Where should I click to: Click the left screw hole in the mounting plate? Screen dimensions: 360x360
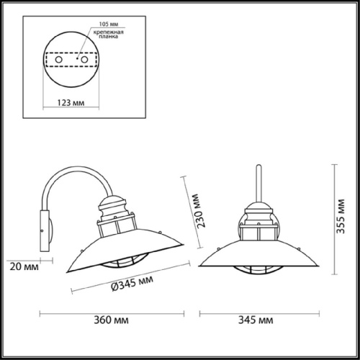[x=52, y=59]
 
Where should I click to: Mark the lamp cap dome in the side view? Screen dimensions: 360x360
[x=115, y=204]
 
